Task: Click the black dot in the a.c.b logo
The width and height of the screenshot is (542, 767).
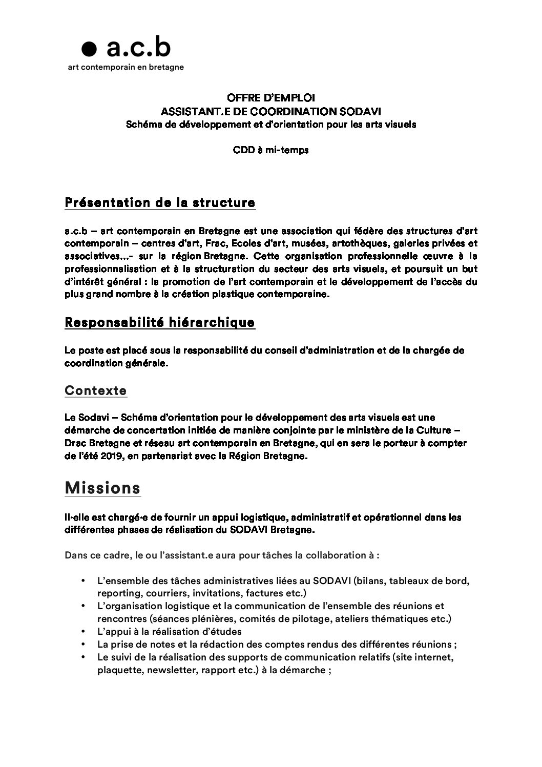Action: [89, 49]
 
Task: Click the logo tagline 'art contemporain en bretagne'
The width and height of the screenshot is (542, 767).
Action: [126, 67]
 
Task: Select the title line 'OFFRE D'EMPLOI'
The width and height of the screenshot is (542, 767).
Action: [271, 97]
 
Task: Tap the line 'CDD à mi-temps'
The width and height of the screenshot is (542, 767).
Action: [271, 151]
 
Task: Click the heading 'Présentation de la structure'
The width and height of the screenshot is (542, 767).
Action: [160, 203]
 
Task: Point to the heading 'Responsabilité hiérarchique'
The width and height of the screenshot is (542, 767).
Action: [160, 323]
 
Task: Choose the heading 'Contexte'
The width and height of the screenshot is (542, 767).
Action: [96, 391]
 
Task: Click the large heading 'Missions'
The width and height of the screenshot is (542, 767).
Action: [102, 488]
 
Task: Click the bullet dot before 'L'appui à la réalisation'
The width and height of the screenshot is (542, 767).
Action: [83, 632]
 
